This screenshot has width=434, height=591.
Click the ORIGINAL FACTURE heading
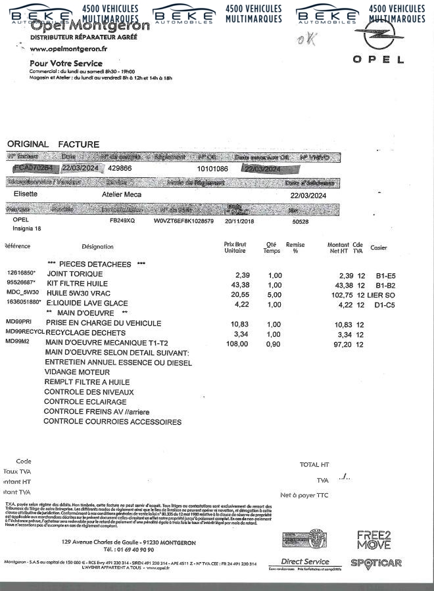coord(53,144)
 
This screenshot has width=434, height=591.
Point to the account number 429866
coord(120,168)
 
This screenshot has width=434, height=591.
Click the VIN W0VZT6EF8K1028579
coord(183,221)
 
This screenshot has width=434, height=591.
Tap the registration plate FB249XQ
coord(122,221)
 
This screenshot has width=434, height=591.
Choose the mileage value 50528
coord(300,221)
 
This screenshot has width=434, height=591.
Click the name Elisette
coord(26,194)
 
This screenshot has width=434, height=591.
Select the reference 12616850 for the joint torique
coord(22,273)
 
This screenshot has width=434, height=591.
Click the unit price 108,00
coord(235,343)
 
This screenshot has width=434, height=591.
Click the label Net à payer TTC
coord(304,495)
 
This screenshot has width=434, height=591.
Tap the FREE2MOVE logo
coord(374,540)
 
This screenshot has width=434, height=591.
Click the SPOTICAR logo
coord(375,563)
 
